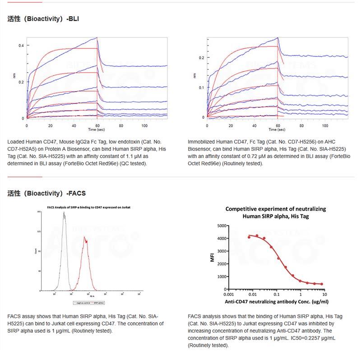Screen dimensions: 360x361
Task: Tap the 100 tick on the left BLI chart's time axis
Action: pos(143,125)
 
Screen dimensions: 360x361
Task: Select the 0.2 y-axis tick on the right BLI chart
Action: pos(201,58)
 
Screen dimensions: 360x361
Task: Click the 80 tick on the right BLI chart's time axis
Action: pos(301,124)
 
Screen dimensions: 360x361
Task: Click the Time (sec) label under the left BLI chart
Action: pos(97,130)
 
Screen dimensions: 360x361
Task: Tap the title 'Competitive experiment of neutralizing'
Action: pos(275,209)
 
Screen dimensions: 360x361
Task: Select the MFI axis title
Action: pos(213,257)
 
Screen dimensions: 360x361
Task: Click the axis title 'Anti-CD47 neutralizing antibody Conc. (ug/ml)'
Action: pos(276,301)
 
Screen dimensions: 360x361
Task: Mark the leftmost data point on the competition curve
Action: pos(249,237)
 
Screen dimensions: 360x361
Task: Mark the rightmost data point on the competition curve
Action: pos(321,284)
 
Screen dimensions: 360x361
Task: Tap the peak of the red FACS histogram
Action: pos(84,240)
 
